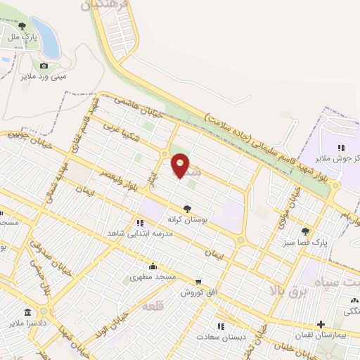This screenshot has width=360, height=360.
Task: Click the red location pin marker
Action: pos(181,165)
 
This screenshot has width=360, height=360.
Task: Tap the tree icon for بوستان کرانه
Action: pos(187,208)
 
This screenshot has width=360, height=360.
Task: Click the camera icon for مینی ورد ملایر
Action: pos(44,65)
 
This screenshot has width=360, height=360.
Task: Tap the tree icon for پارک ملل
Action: pos(22,26)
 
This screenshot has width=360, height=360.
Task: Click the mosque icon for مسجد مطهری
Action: pos(153,266)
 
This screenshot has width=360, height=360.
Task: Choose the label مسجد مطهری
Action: pos(153,278)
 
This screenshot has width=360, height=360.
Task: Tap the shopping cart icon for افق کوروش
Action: pos(198,281)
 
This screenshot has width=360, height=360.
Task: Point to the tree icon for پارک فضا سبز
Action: pos(305,231)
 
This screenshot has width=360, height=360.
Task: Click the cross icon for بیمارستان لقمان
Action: pos(321,324)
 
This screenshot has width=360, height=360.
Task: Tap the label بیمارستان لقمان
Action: pos(321,336)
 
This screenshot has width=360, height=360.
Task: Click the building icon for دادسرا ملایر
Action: pos(27,312)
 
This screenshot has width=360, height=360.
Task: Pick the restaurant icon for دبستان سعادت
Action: pos(220,326)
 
